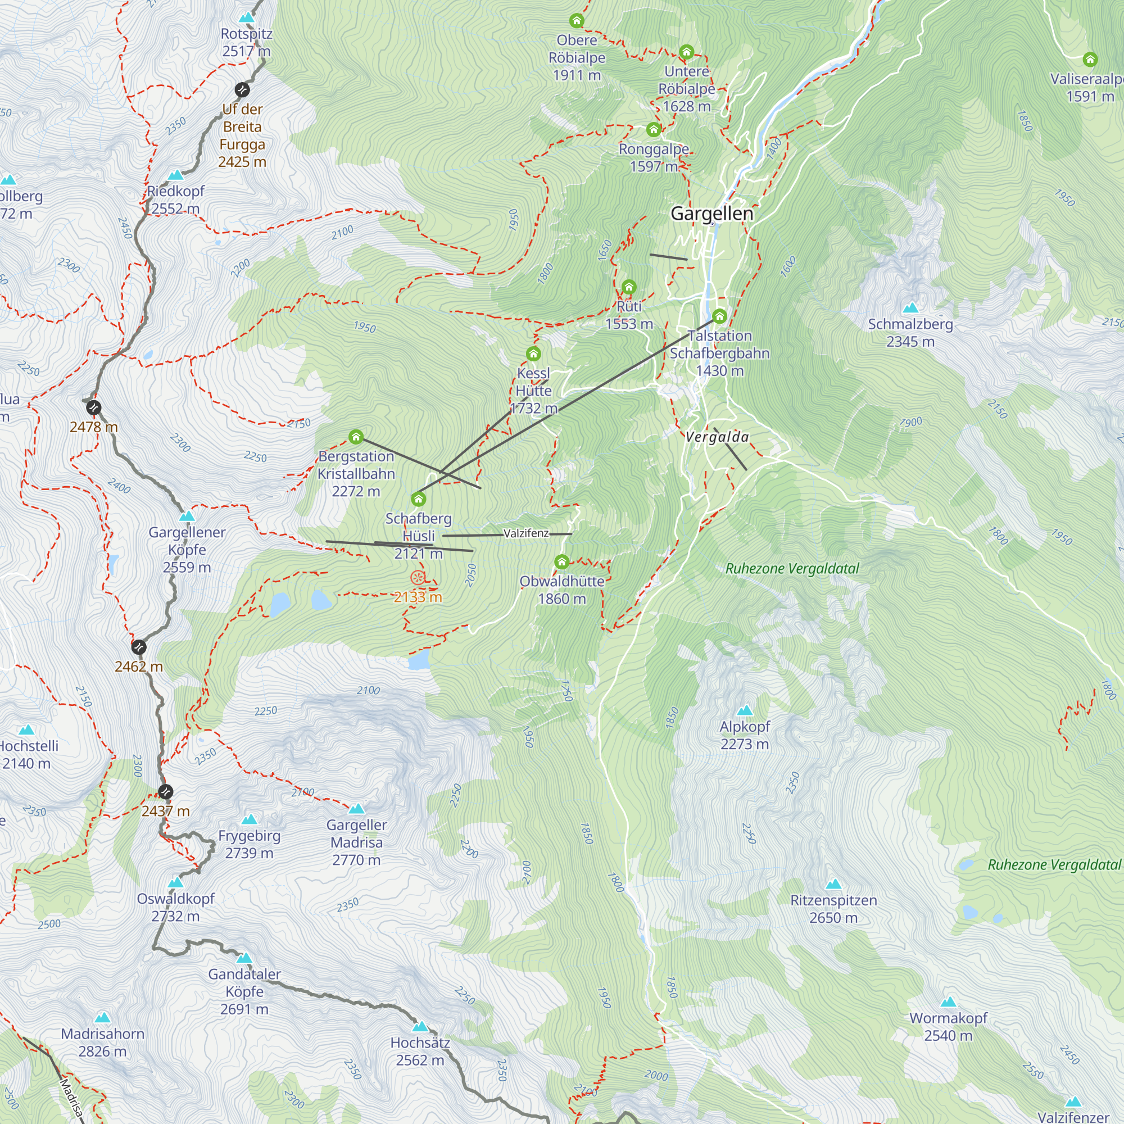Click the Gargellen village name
[x=711, y=214]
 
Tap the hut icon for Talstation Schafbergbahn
[x=719, y=316]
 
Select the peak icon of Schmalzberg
[x=910, y=307]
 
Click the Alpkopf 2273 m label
[x=745, y=735]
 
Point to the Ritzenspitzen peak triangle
[x=833, y=883]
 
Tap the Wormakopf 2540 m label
[x=948, y=1026]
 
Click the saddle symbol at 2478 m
[x=94, y=408]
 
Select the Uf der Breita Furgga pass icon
[x=242, y=89]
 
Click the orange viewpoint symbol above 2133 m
[x=417, y=578]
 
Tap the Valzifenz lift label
[x=526, y=533]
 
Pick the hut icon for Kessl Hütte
[x=533, y=353]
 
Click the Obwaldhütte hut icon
[x=561, y=562]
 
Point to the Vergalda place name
[x=717, y=437]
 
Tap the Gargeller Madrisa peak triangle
[x=357, y=808]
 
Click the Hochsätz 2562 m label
[x=420, y=1052]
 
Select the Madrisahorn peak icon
[x=103, y=1017]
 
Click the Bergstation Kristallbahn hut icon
[x=356, y=437]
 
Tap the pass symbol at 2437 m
[x=165, y=792]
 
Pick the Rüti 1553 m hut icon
[x=629, y=287]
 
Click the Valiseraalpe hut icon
[x=1090, y=60]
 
